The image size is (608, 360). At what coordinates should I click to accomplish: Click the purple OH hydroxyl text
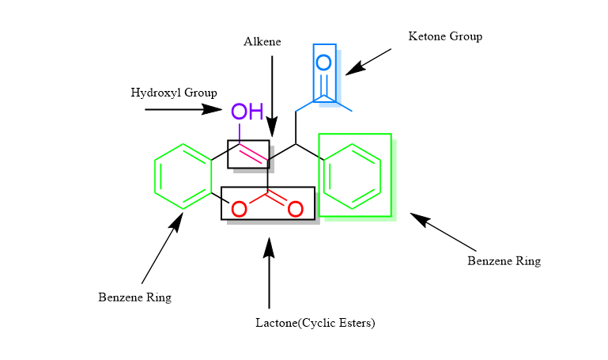[x=247, y=111]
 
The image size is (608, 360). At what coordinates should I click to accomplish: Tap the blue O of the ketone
[x=323, y=63]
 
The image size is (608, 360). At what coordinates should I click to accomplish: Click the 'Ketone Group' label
[x=444, y=36]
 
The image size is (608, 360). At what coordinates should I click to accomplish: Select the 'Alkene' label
[x=262, y=42]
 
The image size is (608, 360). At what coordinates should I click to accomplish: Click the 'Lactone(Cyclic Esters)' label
[x=315, y=323]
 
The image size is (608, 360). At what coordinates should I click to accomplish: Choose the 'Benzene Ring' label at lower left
[x=134, y=297]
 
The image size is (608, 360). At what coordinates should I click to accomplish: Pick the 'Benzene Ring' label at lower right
[x=504, y=260]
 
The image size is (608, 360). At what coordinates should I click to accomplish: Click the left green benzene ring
[x=183, y=176]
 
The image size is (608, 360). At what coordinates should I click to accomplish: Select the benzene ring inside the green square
[x=353, y=176]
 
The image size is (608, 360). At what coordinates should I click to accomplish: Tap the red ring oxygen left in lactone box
[x=239, y=210]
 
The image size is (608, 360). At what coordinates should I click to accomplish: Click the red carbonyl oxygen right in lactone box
[x=295, y=210]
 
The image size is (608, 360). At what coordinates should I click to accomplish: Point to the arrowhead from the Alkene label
[x=272, y=127]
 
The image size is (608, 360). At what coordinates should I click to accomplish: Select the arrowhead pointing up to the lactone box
[x=269, y=245]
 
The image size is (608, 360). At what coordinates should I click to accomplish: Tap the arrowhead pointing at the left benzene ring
[x=176, y=221]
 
